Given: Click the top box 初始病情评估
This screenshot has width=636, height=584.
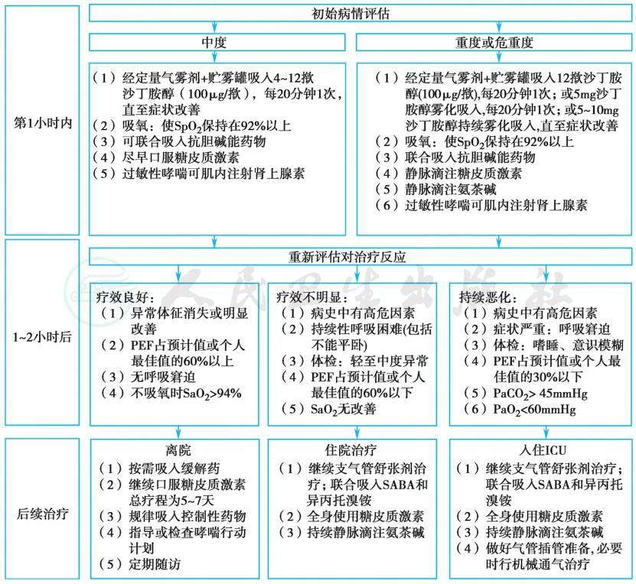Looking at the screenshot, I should pyautogui.click(x=360, y=14).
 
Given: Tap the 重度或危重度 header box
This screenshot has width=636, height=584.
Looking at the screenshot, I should pyautogui.click(x=494, y=42).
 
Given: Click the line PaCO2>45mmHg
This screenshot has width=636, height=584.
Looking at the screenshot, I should pyautogui.click(x=523, y=393).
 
